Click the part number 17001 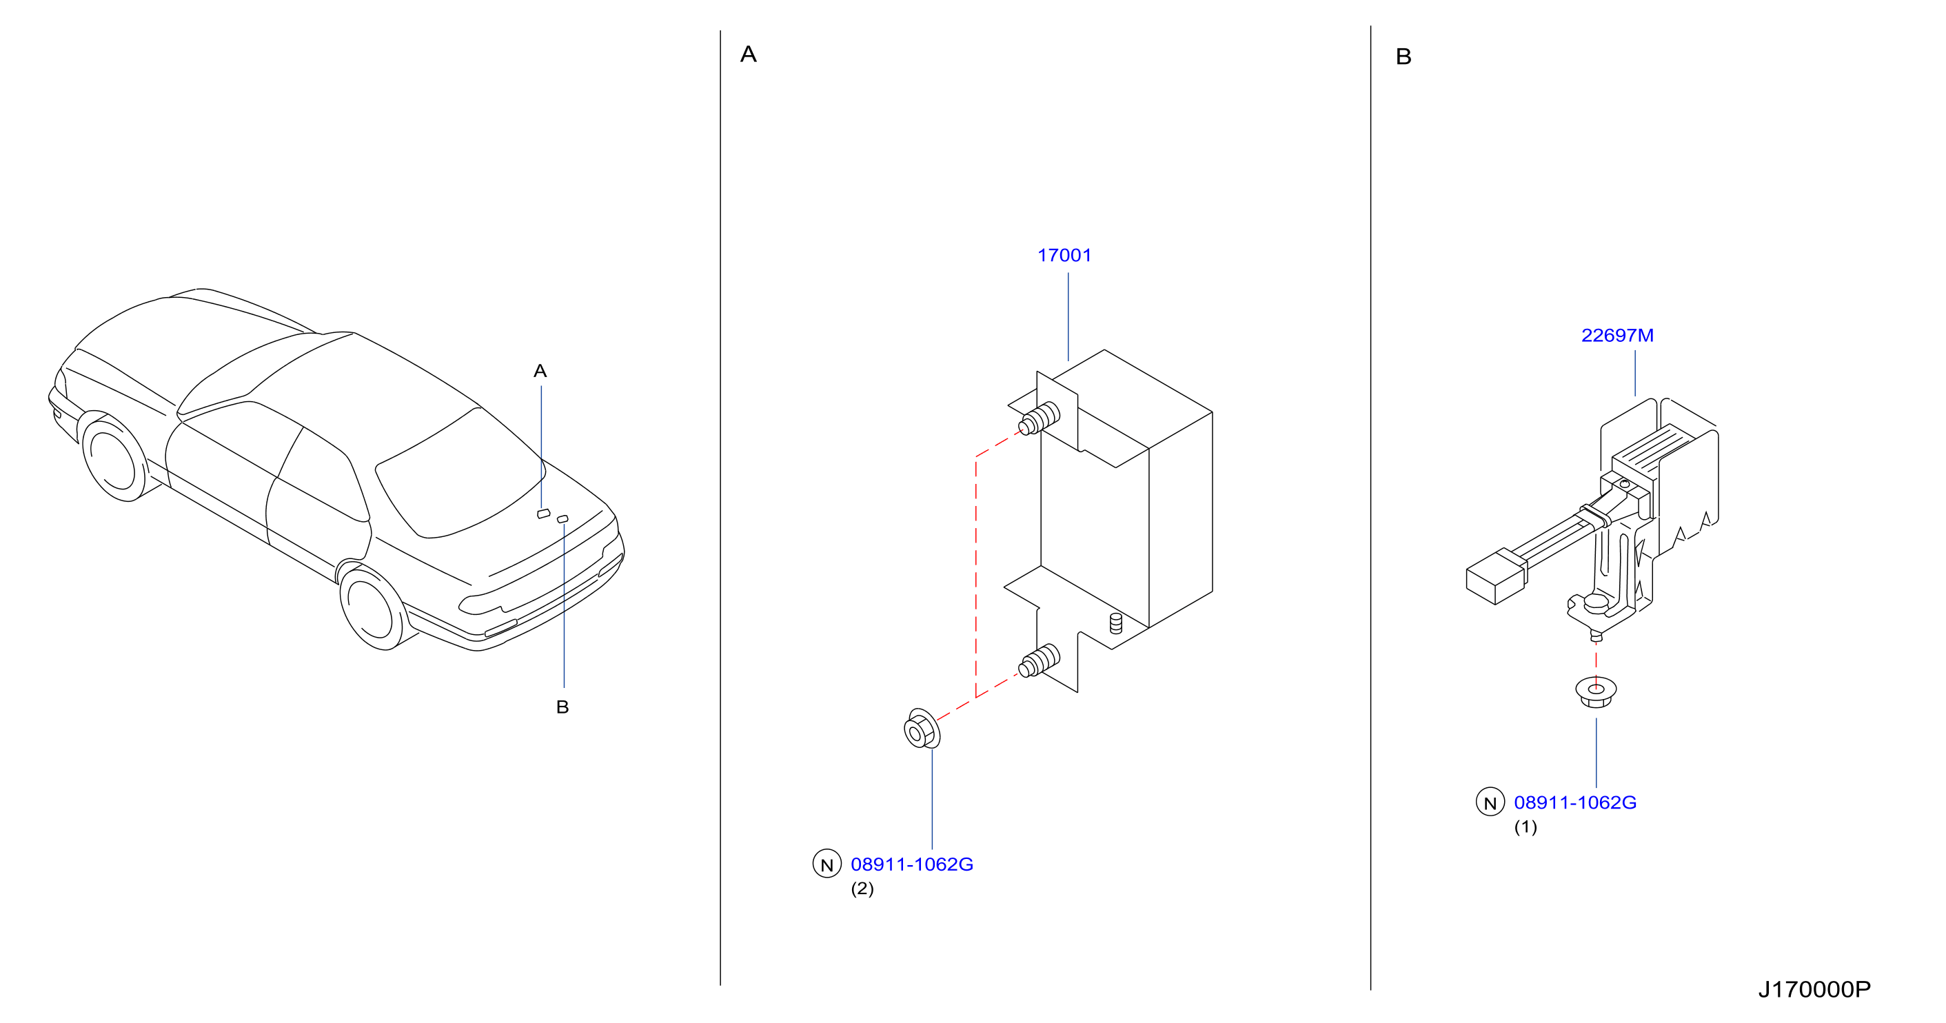[1064, 255]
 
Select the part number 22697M [1616, 336]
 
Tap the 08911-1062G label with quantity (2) [912, 864]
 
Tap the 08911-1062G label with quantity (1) [1575, 802]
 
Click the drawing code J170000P [1814, 989]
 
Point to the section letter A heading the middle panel [748, 54]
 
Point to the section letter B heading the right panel [1403, 57]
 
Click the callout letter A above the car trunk [540, 371]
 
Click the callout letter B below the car [562, 707]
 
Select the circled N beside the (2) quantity [827, 864]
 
